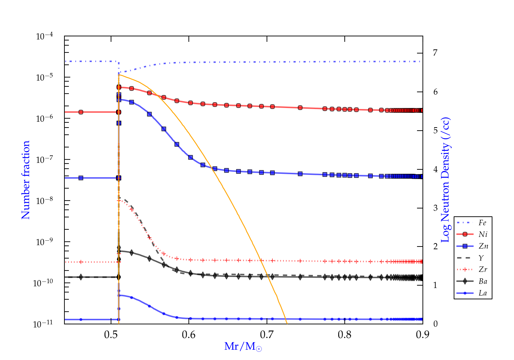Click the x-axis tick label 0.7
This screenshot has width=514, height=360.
(x=267, y=334)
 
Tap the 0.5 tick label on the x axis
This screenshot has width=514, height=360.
(x=111, y=334)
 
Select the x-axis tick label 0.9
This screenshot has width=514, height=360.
(x=423, y=334)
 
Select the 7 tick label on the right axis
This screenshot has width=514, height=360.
(x=435, y=53)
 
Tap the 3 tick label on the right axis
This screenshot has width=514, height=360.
(x=435, y=208)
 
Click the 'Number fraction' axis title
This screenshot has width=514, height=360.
(x=26, y=180)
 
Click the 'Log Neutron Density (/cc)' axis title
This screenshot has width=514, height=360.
(x=445, y=180)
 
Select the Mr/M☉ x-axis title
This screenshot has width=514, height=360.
(x=243, y=347)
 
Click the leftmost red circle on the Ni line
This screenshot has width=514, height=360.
(x=81, y=112)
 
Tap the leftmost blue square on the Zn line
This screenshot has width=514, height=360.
(x=81, y=178)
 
